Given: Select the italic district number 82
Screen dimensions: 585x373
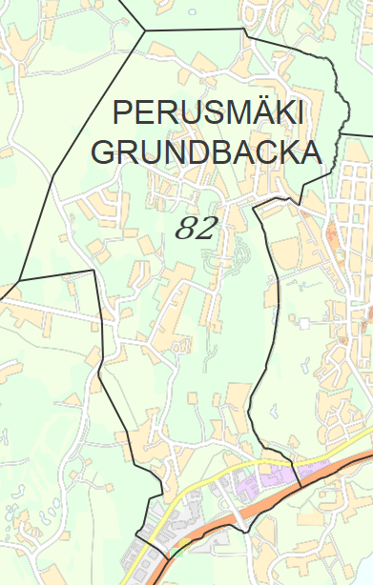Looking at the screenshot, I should [x=197, y=228].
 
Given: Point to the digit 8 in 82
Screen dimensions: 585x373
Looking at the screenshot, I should [x=187, y=228].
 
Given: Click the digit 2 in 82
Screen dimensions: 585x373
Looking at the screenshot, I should [x=207, y=228].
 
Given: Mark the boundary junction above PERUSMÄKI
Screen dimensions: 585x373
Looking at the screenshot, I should [x=145, y=30].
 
